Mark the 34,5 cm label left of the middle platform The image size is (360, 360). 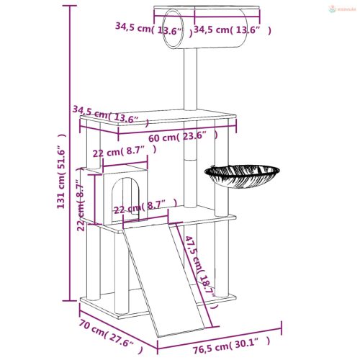point(110,114)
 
